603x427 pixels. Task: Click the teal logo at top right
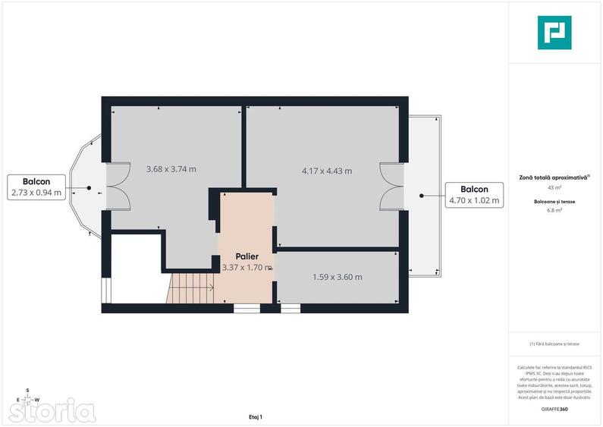point(554,33)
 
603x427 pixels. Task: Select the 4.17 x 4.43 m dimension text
point(326,171)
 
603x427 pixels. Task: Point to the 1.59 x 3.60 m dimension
point(337,277)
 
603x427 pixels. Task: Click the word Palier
point(247,256)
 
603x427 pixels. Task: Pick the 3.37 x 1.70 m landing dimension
point(247,267)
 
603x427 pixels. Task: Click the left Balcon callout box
point(36,187)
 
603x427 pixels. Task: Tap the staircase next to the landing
point(191,288)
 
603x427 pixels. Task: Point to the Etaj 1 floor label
point(255,417)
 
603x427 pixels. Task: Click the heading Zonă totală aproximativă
point(554,177)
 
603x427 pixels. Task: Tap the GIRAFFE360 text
point(554,409)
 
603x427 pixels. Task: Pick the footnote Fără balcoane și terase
point(554,344)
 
